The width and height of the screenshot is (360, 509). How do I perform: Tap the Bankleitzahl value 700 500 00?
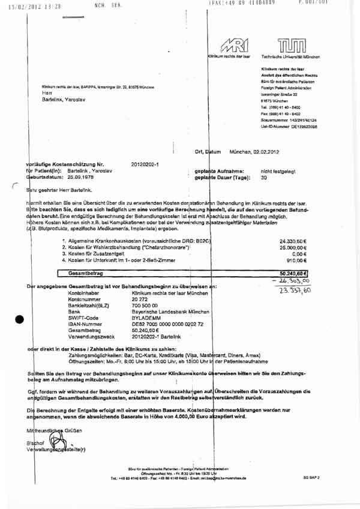[145, 306]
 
